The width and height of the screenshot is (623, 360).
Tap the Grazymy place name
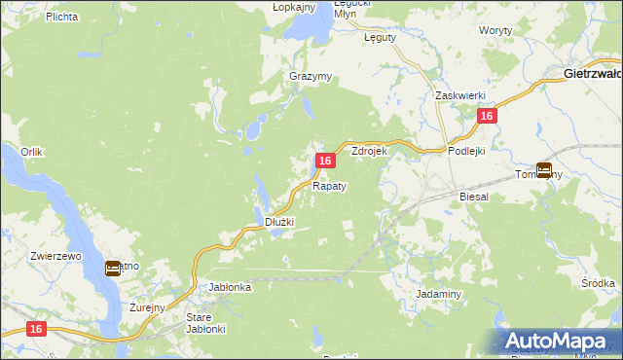tap(311, 76)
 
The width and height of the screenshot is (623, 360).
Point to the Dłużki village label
tap(280, 222)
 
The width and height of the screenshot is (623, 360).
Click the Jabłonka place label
tap(232, 287)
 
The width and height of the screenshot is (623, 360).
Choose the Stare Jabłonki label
tap(205, 323)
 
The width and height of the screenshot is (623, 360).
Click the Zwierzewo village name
tap(55, 255)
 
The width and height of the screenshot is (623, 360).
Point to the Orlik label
tap(32, 152)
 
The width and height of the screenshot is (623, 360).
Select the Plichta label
tap(61, 17)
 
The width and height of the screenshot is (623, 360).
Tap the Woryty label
tap(495, 31)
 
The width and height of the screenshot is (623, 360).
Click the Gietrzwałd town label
tap(593, 73)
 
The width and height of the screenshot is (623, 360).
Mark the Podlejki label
tap(466, 151)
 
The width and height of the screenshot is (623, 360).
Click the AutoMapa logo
tap(560, 341)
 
